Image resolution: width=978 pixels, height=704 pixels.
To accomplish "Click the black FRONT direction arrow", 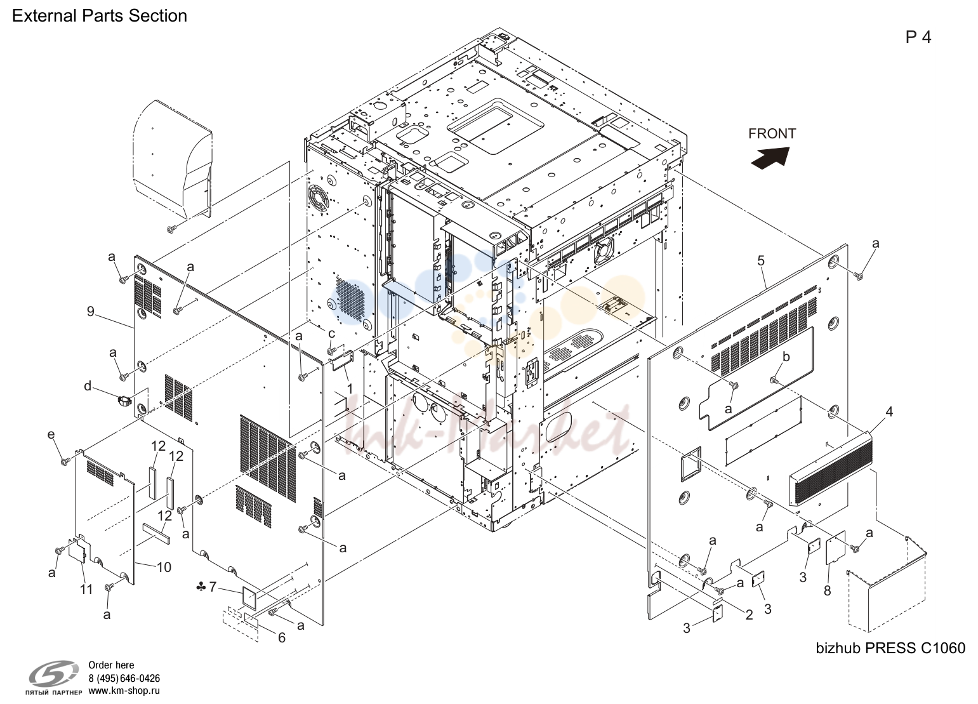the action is click(x=770, y=157).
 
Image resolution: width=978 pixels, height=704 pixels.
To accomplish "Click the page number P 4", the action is click(x=918, y=37).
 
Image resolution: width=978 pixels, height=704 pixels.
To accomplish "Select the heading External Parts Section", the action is click(x=100, y=16).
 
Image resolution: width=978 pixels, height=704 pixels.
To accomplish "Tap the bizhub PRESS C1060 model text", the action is click(x=890, y=648).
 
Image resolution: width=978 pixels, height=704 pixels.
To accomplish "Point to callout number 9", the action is click(x=90, y=312).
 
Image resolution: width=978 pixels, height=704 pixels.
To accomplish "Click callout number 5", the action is click(x=760, y=261).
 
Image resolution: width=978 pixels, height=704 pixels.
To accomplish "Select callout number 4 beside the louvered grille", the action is click(x=889, y=411).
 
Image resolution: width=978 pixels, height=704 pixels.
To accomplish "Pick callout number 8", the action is click(x=828, y=591).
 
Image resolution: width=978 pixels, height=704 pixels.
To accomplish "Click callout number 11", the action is click(x=86, y=590).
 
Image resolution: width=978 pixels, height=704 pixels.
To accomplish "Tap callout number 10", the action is click(x=164, y=568).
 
